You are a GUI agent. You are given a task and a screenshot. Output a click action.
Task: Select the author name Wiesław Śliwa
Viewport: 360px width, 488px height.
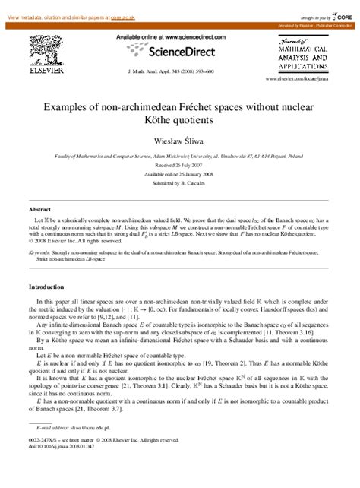180,143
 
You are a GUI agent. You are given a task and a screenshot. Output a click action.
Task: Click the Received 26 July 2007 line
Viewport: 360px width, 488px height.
180,165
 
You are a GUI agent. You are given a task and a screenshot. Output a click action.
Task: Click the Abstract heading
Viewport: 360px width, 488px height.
39,208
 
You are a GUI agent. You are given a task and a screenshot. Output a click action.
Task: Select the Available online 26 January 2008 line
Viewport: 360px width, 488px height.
180,173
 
